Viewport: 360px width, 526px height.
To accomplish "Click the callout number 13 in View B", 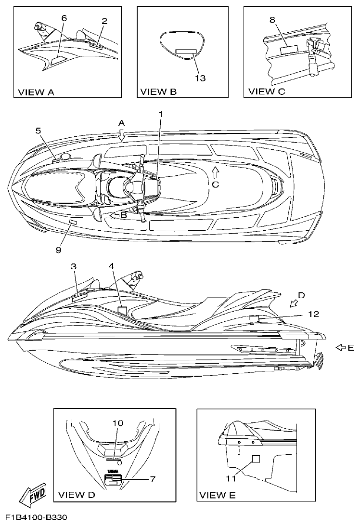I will pyautogui.click(x=200, y=77).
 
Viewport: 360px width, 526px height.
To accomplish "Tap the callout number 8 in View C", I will pyautogui.click(x=272, y=20).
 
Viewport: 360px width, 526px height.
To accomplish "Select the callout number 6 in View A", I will pyautogui.click(x=64, y=18).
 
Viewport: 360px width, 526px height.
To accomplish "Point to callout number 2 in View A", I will pyautogui.click(x=104, y=21).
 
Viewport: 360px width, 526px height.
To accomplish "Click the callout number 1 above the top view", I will pyautogui.click(x=161, y=114).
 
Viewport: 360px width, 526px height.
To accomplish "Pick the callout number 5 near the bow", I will pyautogui.click(x=38, y=131).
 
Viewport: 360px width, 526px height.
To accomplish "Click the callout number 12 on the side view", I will pyautogui.click(x=314, y=314).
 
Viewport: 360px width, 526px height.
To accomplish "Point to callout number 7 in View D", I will pyautogui.click(x=153, y=479).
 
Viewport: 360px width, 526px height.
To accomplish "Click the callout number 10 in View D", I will pyautogui.click(x=118, y=423).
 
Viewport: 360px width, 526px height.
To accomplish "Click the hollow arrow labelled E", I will pyautogui.click(x=341, y=347).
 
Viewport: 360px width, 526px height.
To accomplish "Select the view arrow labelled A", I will pyautogui.click(x=122, y=134).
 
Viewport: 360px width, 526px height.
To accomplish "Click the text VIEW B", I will pyautogui.click(x=158, y=91).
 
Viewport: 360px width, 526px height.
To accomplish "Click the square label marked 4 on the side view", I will pyautogui.click(x=122, y=310).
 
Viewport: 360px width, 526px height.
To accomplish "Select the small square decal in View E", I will pyautogui.click(x=256, y=459).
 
